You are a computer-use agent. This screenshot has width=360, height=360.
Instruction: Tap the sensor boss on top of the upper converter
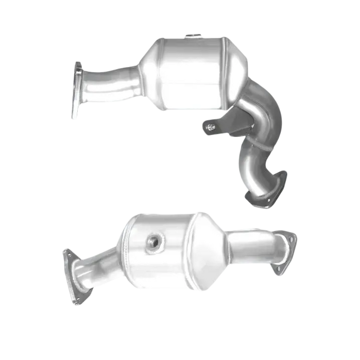click(193, 36)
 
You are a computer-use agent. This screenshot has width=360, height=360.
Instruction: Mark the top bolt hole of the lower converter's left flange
click(66, 253)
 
